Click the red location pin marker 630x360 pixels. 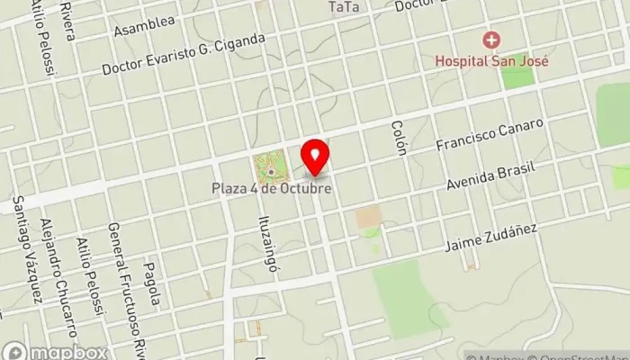point(314,157)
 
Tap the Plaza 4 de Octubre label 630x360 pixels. point(271,189)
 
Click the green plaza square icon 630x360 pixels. point(270,166)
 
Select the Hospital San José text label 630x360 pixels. point(492,61)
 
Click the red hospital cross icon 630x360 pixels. point(490,40)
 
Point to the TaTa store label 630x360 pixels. point(344,7)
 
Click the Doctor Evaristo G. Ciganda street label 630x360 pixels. point(184,54)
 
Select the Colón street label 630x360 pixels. point(400,137)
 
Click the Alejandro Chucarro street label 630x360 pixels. point(57,270)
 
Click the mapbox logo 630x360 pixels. point(56,352)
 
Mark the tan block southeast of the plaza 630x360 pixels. point(367,217)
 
